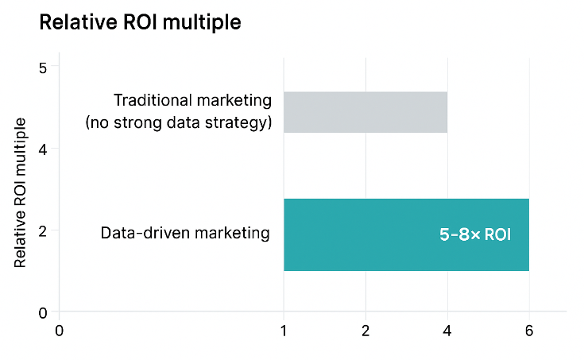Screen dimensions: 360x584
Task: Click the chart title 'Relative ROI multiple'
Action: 140,24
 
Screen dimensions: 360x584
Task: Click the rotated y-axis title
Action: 21,192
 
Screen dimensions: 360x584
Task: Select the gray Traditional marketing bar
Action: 365,112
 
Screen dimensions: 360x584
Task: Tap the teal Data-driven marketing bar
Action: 405,234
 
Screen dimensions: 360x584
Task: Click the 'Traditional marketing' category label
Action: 192,101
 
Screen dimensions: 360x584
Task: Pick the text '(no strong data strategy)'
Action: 178,122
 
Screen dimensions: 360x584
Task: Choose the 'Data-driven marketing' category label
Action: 185,234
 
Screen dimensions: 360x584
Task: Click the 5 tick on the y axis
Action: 44,68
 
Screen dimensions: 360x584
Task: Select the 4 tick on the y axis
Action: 44,149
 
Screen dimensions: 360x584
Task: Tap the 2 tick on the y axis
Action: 44,231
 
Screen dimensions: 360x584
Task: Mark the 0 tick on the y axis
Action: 44,312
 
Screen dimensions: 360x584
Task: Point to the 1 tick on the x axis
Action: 284,330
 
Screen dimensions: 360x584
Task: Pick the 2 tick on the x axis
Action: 365,330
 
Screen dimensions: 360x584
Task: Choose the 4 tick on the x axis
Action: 447,330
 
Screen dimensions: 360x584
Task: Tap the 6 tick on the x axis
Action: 529,330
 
